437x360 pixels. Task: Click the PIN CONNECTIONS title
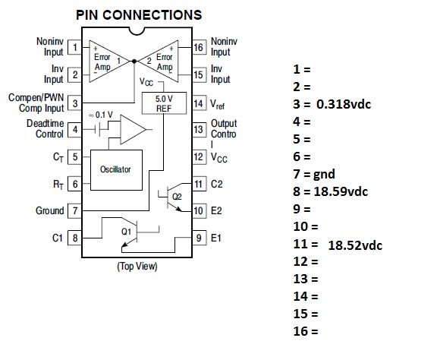pos(139,14)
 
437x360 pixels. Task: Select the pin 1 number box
pos(74,47)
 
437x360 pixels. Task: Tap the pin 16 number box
pos(199,47)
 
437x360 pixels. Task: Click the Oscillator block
pos(116,170)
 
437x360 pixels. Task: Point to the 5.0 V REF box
pos(164,103)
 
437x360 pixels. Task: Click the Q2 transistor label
pos(177,197)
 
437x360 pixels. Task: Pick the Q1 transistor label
pos(126,232)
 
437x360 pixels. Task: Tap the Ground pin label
pos(50,210)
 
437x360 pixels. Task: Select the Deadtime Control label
pos(46,128)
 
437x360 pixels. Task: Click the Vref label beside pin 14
pos(218,104)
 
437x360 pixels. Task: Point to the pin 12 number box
pos(199,157)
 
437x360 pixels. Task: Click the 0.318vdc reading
pos(344,104)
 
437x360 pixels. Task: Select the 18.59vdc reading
pos(341,191)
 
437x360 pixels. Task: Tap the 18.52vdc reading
pos(355,245)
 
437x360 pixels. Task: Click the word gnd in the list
pos(324,175)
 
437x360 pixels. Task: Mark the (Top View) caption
pos(137,267)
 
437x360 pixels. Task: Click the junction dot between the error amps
pos(134,61)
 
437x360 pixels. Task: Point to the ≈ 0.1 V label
pos(101,115)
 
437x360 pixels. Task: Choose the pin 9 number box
pos(199,238)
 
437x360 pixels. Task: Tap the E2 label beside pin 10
pos(216,210)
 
